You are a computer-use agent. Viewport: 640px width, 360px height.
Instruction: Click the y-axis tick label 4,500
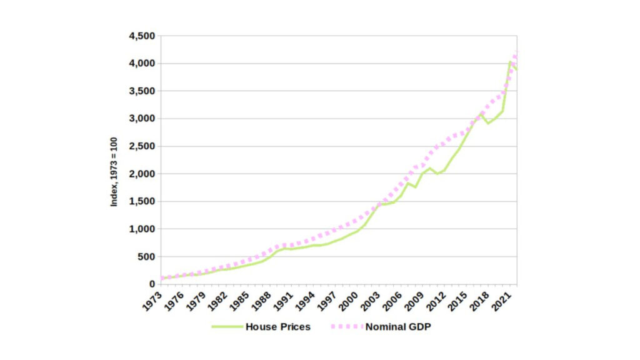(x=142, y=36)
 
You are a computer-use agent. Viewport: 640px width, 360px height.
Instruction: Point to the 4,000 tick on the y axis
(x=142, y=64)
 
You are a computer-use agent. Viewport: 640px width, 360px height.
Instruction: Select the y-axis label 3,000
(x=142, y=119)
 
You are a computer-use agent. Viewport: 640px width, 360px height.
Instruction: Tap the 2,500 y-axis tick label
(x=142, y=146)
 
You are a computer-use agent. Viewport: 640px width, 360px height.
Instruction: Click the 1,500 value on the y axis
(x=142, y=201)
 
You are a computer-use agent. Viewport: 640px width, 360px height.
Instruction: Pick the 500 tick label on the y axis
(x=146, y=256)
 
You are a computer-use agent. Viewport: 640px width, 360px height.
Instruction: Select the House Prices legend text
(x=277, y=327)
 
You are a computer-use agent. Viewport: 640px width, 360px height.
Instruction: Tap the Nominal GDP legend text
(x=398, y=327)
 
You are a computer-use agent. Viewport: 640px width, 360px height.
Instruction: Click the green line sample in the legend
(x=226, y=327)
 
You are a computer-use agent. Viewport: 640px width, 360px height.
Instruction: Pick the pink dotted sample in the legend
(x=346, y=327)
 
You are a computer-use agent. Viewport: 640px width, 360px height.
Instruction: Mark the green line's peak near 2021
(x=510, y=62)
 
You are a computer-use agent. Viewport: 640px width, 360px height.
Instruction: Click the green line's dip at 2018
(x=488, y=123)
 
